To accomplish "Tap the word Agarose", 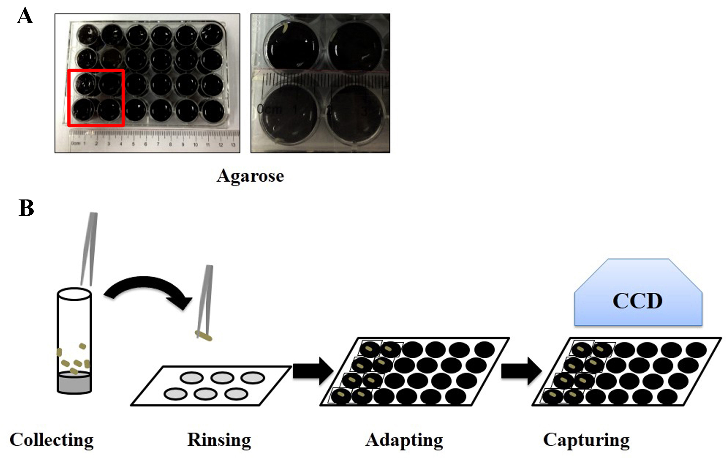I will pyautogui.click(x=250, y=176).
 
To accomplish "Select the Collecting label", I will pyautogui.click(x=52, y=440).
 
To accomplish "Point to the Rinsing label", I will pyautogui.click(x=219, y=440).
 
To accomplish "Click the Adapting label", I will pyautogui.click(x=404, y=440).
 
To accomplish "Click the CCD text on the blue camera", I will pyautogui.click(x=638, y=301).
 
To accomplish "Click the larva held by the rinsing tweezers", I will pyautogui.click(x=204, y=336).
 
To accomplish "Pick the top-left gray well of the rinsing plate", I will pyautogui.click(x=192, y=378).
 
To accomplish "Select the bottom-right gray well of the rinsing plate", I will pyautogui.click(x=236, y=394).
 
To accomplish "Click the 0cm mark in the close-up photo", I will pyautogui.click(x=269, y=109).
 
